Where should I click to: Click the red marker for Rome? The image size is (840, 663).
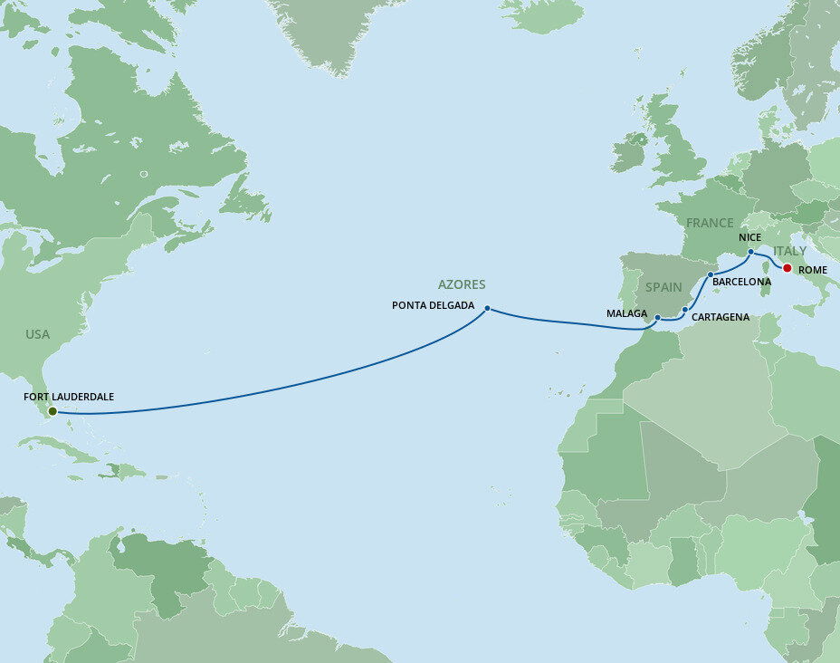(x=787, y=268)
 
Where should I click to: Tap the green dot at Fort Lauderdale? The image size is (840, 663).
(x=52, y=411)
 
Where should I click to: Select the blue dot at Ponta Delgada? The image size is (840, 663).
(x=487, y=308)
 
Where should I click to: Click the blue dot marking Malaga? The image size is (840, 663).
(x=657, y=318)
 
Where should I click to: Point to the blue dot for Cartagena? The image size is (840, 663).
(x=685, y=310)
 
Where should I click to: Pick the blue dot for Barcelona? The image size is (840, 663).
(x=711, y=274)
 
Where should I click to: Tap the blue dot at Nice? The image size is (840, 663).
(x=751, y=252)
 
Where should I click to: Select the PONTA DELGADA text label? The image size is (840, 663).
(x=433, y=305)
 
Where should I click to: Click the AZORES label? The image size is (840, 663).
(x=463, y=284)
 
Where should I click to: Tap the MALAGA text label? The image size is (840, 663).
(x=626, y=313)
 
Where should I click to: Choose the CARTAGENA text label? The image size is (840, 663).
(x=720, y=317)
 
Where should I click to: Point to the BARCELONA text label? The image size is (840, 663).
(x=741, y=282)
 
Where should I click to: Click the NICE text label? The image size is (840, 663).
(x=749, y=237)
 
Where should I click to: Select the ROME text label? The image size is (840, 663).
(x=813, y=269)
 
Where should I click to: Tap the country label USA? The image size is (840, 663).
(x=37, y=334)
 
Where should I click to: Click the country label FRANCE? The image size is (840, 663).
(x=710, y=223)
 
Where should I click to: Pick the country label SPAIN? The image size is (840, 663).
(x=663, y=287)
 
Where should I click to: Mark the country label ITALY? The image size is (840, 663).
(x=789, y=251)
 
